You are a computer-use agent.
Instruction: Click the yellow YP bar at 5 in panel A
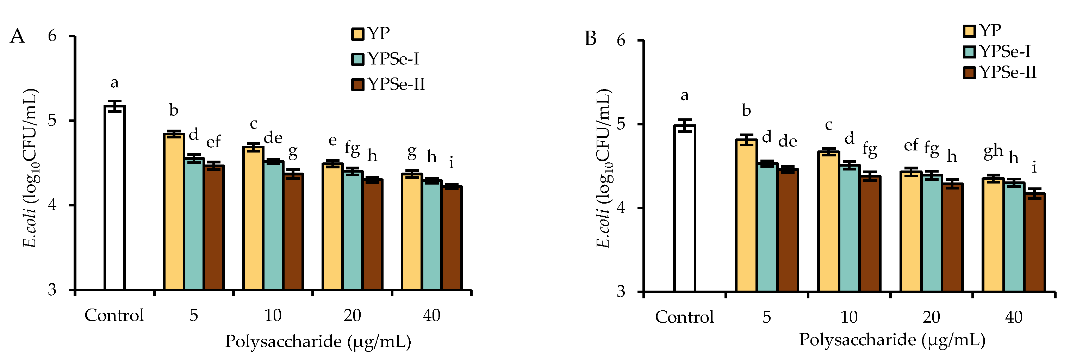(174, 212)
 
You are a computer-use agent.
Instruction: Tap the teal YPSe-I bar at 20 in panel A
(353, 230)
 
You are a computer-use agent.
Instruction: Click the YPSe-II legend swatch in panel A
(357, 84)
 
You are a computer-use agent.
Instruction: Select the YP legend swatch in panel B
(969, 31)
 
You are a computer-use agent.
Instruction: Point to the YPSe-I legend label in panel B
(1005, 51)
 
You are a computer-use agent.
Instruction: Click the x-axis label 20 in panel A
(352, 316)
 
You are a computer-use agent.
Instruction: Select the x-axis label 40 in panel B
(1014, 317)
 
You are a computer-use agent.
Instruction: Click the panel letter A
(18, 36)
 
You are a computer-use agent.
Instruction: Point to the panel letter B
(590, 39)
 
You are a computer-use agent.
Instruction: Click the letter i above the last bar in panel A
(451, 163)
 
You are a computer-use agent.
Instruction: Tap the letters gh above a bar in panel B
(993, 152)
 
